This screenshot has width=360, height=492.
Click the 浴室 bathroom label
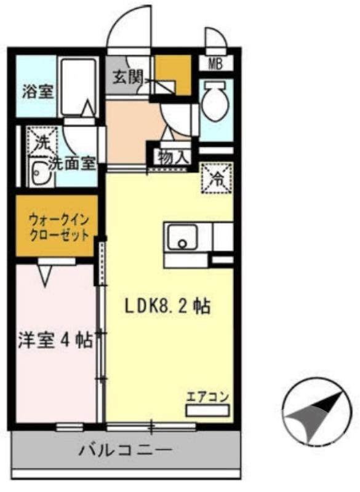pyautogui.click(x=38, y=93)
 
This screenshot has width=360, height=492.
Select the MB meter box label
pyautogui.click(x=215, y=63)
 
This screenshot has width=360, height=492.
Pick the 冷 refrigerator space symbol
pyautogui.click(x=217, y=178)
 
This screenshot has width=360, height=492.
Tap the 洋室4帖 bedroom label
pyautogui.click(x=55, y=340)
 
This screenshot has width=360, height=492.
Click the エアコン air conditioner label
pyautogui.click(x=207, y=397)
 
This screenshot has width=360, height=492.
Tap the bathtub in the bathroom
pyautogui.click(x=78, y=86)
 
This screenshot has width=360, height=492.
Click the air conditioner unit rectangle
pyautogui.click(x=207, y=410)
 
